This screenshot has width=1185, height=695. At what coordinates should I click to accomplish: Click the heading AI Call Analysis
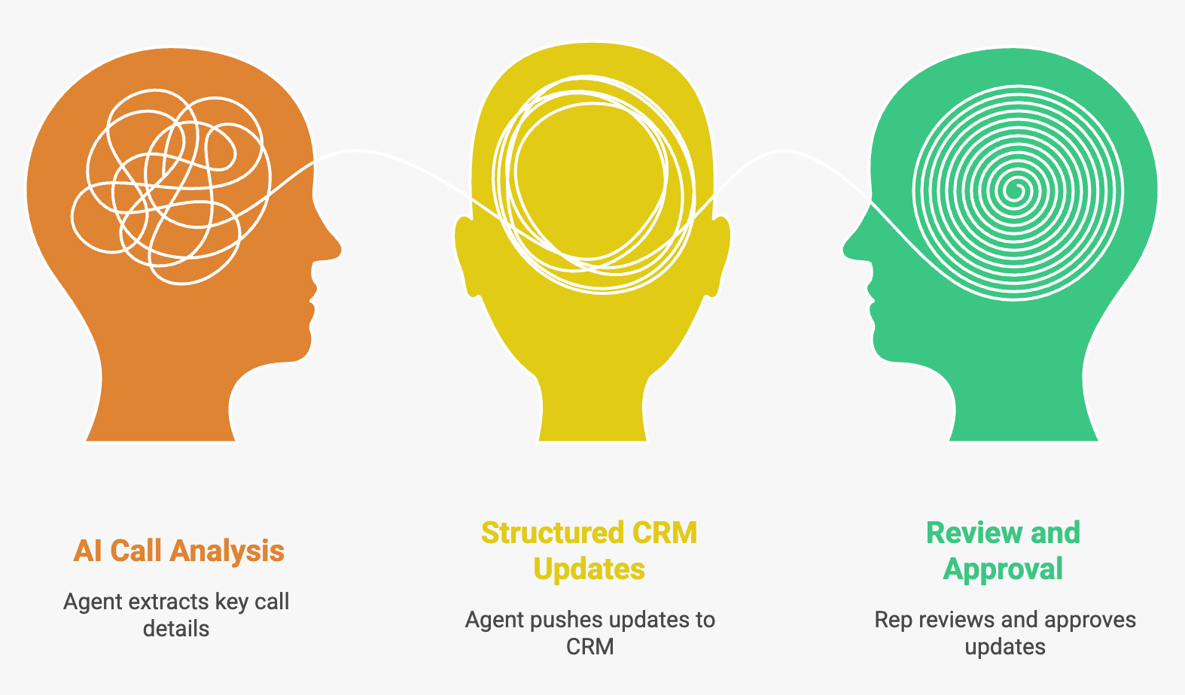coord(178,551)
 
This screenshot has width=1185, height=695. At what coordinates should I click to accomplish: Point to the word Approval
coord(1003,569)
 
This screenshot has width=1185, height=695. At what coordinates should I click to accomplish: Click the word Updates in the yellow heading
coord(589,569)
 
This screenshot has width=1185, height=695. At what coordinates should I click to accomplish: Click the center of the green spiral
coord(1016,188)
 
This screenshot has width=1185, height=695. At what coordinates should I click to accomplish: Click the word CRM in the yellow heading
coord(665,533)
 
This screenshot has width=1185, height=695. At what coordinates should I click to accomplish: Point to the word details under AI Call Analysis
coord(176,629)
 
